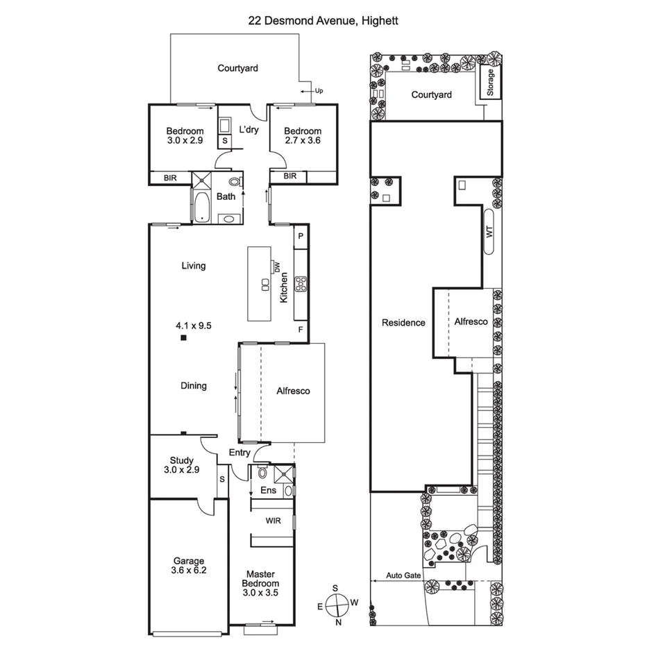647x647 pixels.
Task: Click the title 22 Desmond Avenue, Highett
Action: pos(323,21)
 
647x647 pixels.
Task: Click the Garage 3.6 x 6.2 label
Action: pos(189,566)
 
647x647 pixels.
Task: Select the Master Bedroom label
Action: pos(260,579)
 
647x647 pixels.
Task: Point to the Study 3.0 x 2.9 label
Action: pos(182,465)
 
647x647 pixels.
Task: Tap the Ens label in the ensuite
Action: pos(268,490)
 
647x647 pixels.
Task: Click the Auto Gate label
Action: pos(403,575)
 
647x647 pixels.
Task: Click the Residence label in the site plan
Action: pos(403,322)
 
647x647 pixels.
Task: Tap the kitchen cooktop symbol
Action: pos(302,283)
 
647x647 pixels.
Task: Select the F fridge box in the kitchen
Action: pos(301,328)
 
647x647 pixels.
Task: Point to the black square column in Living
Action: pos(183,338)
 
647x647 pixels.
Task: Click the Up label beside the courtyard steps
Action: pos(319,91)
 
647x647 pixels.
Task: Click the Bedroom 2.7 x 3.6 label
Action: pos(303,135)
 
